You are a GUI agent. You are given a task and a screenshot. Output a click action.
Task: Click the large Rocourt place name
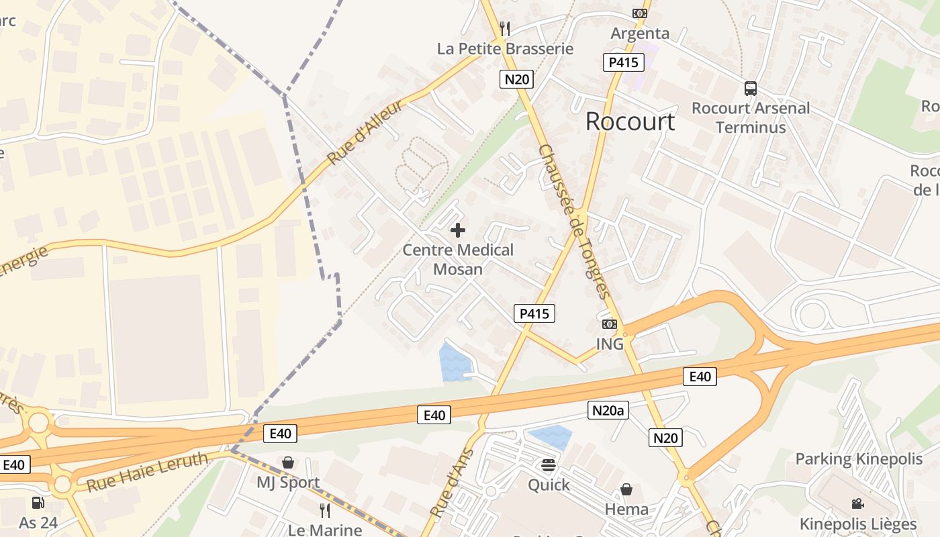(x=630, y=121)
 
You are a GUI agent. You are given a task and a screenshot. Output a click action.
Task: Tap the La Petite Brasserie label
(x=506, y=49)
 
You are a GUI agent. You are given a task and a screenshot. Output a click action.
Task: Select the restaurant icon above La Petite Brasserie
(x=506, y=29)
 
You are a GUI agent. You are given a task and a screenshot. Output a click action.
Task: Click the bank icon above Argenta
(x=640, y=13)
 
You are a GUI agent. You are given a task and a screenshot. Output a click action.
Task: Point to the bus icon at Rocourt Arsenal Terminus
(x=751, y=89)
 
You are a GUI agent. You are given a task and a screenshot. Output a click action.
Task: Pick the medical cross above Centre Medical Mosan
(x=458, y=231)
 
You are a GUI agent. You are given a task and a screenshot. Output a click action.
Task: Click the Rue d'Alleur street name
(x=367, y=132)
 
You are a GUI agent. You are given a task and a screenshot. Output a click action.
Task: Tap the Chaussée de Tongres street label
(x=574, y=222)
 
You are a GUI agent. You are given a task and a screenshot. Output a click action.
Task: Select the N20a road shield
(x=608, y=410)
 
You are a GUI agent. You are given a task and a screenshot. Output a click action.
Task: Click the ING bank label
(x=610, y=344)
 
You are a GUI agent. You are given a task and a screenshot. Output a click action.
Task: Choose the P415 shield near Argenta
(x=623, y=63)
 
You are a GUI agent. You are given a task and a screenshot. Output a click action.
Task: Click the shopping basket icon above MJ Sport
(x=288, y=462)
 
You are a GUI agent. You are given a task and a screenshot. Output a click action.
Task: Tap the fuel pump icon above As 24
(x=38, y=502)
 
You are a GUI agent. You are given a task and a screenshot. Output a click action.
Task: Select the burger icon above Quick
(x=549, y=465)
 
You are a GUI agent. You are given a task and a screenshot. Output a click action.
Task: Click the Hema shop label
(x=626, y=509)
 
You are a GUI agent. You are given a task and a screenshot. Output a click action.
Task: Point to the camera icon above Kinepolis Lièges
(x=857, y=503)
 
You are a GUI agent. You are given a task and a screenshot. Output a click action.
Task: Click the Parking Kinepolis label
(x=859, y=459)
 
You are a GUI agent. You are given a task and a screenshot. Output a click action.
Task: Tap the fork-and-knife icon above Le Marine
(x=325, y=511)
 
